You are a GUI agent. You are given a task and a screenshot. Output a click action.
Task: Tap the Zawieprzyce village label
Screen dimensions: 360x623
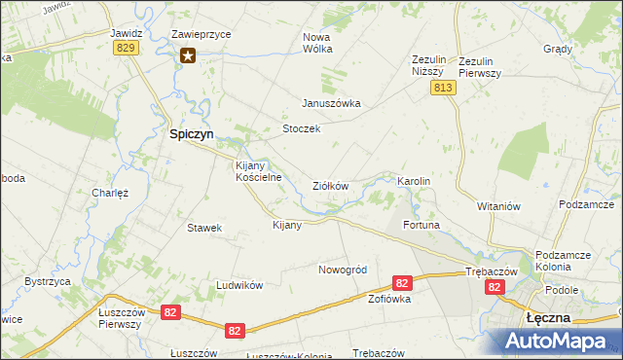201,33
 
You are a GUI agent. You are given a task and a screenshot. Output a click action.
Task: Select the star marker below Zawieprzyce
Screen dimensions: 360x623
188,55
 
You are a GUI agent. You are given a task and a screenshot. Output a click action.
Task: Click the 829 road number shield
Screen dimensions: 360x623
125,48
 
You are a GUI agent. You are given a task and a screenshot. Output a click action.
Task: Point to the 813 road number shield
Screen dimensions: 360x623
443,88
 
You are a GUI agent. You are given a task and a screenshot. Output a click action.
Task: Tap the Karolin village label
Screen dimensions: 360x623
414,182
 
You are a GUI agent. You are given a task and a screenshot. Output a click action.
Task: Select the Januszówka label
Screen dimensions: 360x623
331,103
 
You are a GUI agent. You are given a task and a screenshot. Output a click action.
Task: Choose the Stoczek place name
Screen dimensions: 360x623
301,128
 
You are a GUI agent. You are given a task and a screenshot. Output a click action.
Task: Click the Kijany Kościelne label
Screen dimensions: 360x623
259,171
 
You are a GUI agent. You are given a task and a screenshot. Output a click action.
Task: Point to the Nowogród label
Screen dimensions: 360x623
341,269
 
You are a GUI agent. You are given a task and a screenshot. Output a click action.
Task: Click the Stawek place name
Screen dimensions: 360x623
204,228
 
